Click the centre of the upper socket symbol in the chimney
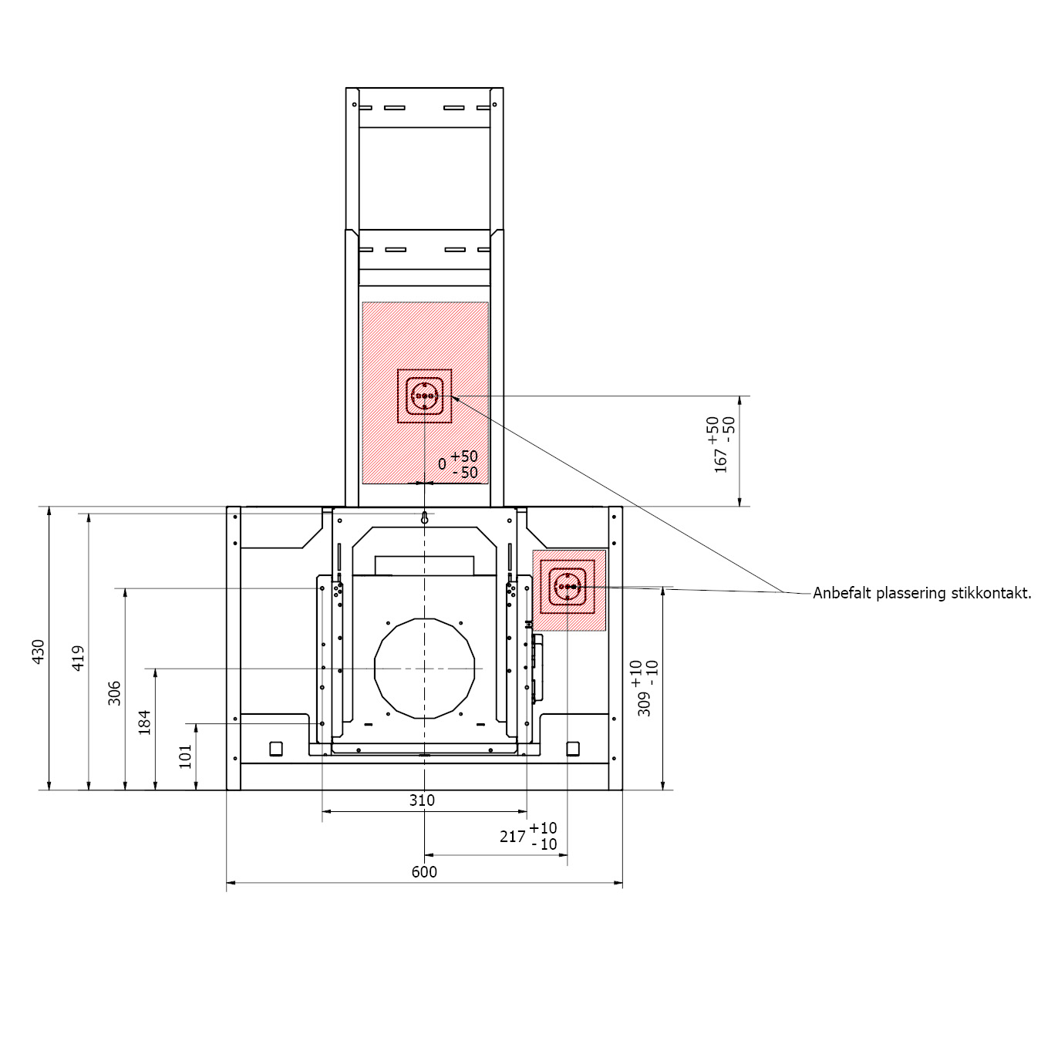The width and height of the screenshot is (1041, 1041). pos(424,396)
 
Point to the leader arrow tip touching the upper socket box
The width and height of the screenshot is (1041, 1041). pos(452,396)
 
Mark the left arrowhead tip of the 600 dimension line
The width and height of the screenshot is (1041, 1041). pos(227,883)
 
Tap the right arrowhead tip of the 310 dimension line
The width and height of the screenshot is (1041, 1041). pos(527,811)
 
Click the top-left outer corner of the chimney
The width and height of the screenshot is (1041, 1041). pos(346,87)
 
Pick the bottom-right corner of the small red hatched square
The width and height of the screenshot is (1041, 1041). pos(605,631)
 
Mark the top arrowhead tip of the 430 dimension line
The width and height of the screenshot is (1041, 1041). pos(49,507)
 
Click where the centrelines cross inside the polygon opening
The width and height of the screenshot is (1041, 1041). pos(425,669)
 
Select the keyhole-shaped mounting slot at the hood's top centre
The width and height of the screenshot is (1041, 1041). pos(425,518)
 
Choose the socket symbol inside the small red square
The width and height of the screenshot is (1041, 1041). pos(568,587)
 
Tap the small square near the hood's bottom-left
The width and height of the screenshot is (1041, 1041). pos(275,749)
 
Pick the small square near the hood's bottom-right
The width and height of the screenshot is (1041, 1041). pos(573,749)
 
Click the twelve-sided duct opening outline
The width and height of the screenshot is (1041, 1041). pos(425,669)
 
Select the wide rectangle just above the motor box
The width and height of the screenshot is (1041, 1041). pos(425,565)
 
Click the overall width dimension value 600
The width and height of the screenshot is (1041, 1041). pos(424,872)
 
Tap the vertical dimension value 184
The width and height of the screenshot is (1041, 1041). pos(145,723)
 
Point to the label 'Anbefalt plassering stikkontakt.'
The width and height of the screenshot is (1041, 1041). pos(922,594)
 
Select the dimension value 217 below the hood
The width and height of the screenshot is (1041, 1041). pos(512,837)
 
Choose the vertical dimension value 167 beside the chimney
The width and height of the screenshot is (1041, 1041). pos(721,460)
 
